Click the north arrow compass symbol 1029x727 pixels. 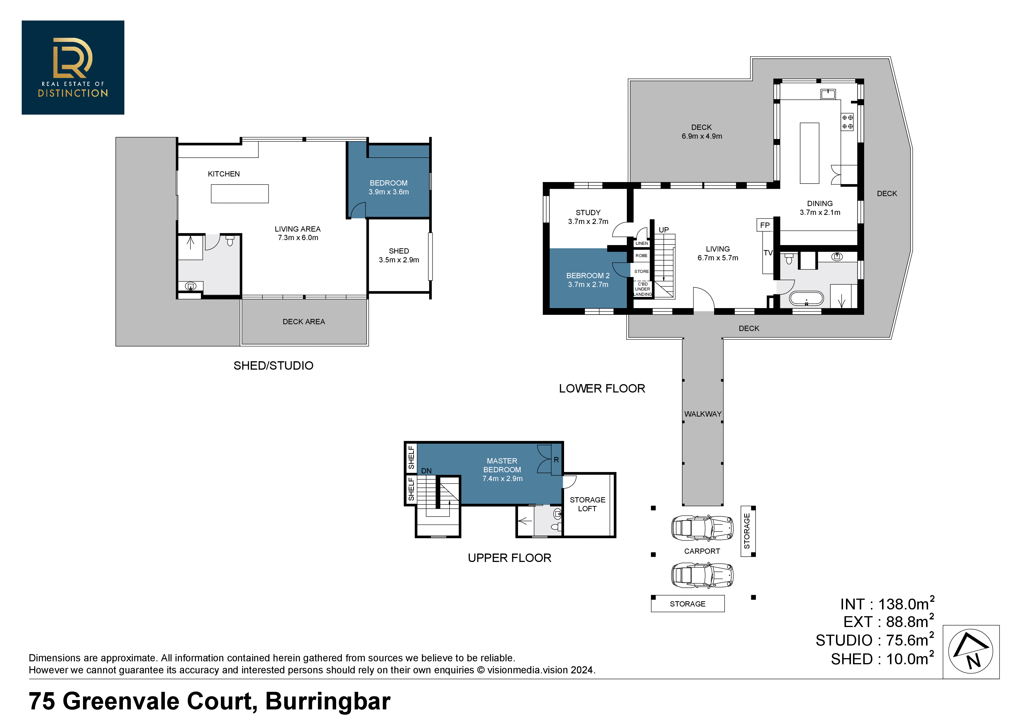(970, 651)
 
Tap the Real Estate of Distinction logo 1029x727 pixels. (73, 68)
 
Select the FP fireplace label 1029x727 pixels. (765, 225)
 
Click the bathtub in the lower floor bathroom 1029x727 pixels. (806, 298)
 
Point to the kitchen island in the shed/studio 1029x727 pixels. (240, 193)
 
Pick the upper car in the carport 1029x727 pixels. (702, 528)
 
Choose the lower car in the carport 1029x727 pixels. (702, 575)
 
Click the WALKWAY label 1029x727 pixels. (703, 414)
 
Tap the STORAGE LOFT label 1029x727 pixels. (587, 504)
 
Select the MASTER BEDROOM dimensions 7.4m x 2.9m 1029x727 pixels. (502, 478)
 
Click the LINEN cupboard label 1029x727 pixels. (642, 243)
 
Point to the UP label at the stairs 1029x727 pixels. (664, 230)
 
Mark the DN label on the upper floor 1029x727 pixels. (426, 471)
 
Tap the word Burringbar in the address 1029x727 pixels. (328, 701)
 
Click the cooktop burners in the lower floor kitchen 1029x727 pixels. (847, 122)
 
